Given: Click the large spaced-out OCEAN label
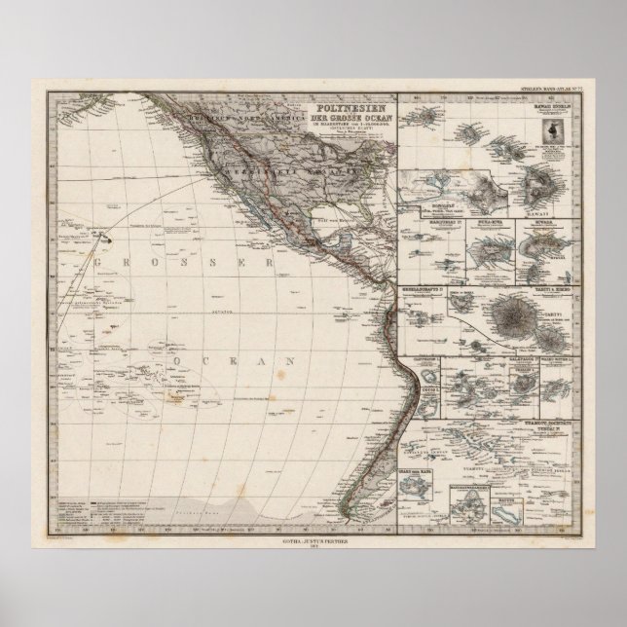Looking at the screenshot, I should coord(238,361).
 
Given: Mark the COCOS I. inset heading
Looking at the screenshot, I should coord(424,387).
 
